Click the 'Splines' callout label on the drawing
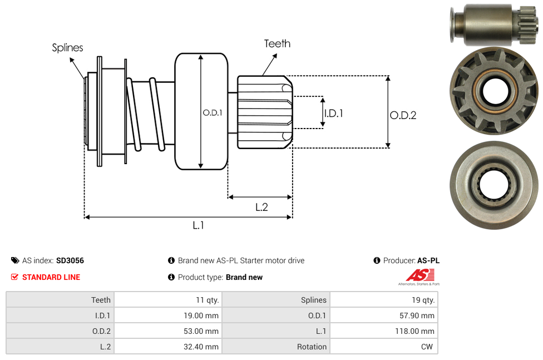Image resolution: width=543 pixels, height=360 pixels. pyautogui.click(x=67, y=48)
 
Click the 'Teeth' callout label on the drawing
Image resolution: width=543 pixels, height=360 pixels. pyautogui.click(x=277, y=43)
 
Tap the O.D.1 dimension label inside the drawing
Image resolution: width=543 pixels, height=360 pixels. pyautogui.click(x=213, y=112)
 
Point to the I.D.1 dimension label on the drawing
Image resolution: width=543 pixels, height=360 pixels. pyautogui.click(x=333, y=113)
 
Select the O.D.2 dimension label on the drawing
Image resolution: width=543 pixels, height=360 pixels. pyautogui.click(x=403, y=115)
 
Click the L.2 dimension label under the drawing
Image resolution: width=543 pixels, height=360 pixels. pyautogui.click(x=261, y=207)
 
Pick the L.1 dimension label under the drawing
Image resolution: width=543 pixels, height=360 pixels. pyautogui.click(x=199, y=225)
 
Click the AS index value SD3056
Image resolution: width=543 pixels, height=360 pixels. pyautogui.click(x=70, y=260)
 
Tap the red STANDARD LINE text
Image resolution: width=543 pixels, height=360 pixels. pyautogui.click(x=51, y=277)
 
